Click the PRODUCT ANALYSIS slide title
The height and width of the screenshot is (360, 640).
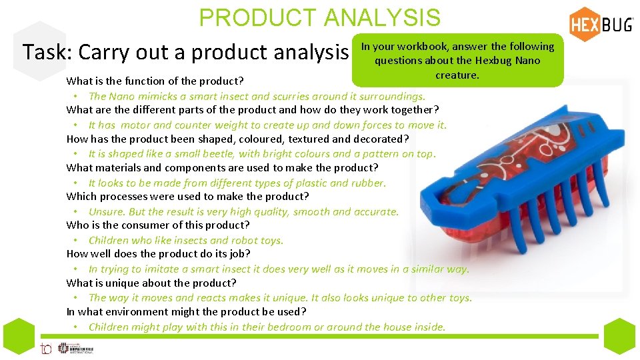point(319,18)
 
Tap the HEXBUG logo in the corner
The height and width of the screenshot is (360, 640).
point(601,25)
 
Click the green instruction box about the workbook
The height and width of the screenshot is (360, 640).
point(457,61)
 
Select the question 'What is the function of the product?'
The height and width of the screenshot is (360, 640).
point(154,81)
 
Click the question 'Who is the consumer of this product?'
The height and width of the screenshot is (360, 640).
point(158,225)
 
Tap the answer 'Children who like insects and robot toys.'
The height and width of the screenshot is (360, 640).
point(185,240)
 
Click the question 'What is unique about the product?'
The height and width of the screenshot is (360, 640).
point(151,283)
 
